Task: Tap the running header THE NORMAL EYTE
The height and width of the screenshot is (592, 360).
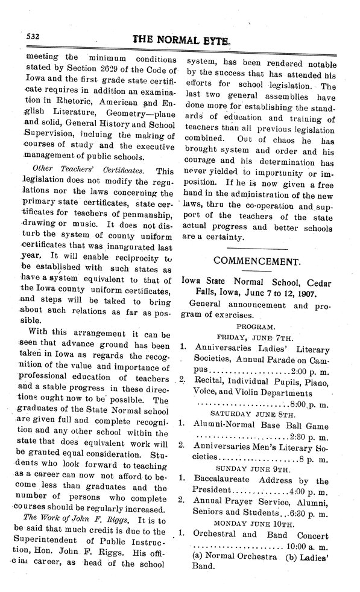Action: pyautogui.click(x=179, y=39)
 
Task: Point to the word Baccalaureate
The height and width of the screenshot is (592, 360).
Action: pyautogui.click(x=226, y=480)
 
